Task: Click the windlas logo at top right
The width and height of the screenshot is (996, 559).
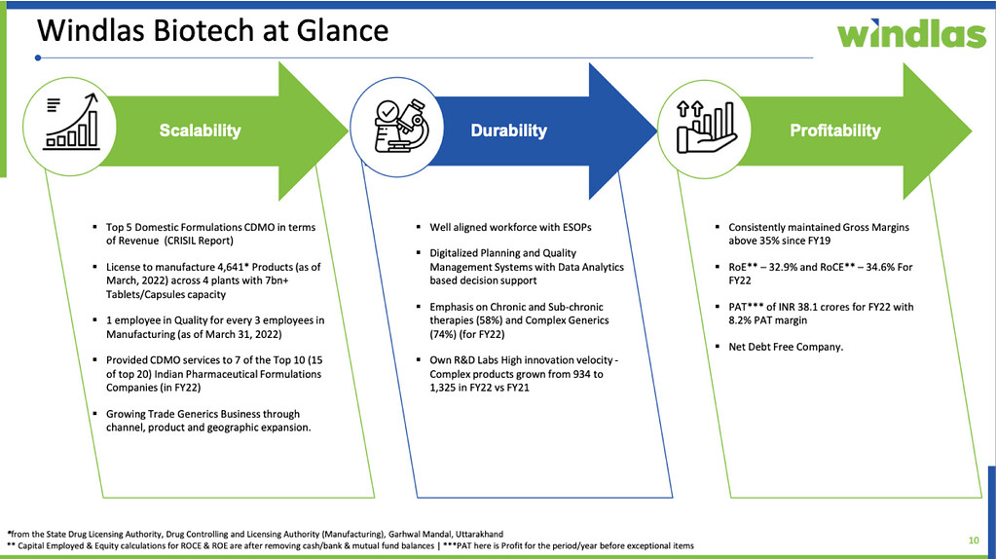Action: pyautogui.click(x=910, y=33)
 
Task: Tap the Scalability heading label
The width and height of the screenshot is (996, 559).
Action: pyautogui.click(x=200, y=130)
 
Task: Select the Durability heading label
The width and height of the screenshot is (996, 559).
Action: pyautogui.click(x=508, y=130)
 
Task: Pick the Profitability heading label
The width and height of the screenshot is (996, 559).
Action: pyautogui.click(x=834, y=130)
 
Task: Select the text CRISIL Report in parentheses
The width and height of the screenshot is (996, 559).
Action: pyautogui.click(x=200, y=241)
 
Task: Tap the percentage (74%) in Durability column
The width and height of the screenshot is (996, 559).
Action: pyautogui.click(x=445, y=333)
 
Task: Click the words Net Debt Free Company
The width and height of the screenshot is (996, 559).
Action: pyautogui.click(x=786, y=347)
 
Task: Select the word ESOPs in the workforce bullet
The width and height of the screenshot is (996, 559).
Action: pyautogui.click(x=573, y=227)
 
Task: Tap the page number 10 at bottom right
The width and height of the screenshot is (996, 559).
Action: pyautogui.click(x=973, y=539)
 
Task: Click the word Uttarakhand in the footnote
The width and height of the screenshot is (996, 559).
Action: pyautogui.click(x=473, y=534)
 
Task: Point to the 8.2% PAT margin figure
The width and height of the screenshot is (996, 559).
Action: pyautogui.click(x=741, y=319)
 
